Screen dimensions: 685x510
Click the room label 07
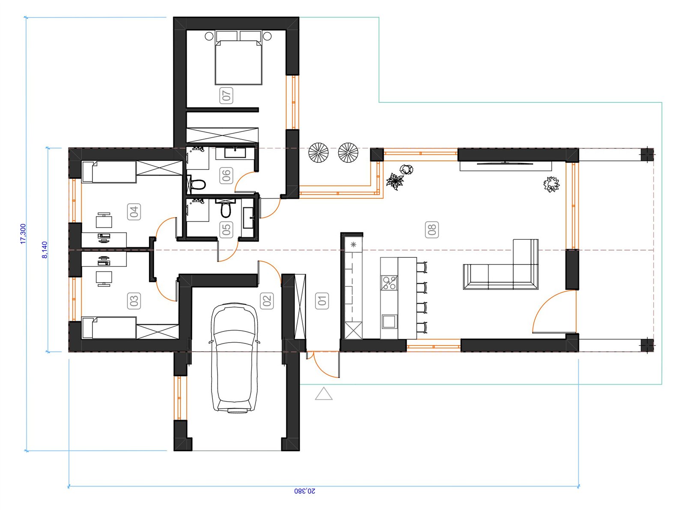click(226, 95)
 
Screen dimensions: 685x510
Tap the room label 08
click(432, 230)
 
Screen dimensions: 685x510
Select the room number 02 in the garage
click(267, 300)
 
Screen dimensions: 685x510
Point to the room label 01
click(322, 300)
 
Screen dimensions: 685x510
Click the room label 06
click(226, 176)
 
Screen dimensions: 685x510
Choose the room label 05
click(226, 230)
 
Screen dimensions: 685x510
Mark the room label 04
click(134, 212)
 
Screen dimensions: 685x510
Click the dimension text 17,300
click(23, 234)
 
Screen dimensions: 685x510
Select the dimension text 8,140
click(45, 250)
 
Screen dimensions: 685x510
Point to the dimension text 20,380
click(304, 491)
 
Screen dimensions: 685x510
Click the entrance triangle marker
click(324, 394)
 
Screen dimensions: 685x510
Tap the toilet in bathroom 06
click(197, 185)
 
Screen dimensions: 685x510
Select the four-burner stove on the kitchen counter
click(389, 283)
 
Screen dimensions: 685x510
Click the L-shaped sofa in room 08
click(500, 265)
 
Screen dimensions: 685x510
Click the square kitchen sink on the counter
click(389, 322)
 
